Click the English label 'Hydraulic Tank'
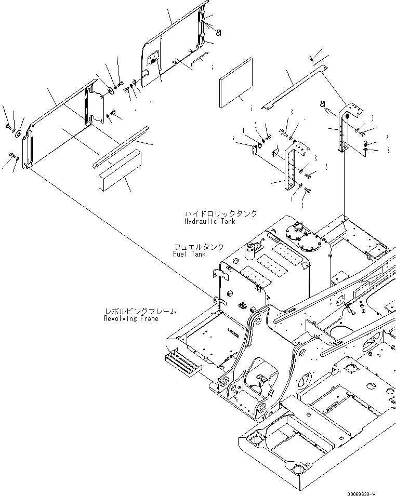209,221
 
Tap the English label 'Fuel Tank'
189,254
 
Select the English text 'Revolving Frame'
130,318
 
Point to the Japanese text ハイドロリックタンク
220,213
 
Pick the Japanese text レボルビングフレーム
140,311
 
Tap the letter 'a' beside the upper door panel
218,32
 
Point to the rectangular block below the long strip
120,168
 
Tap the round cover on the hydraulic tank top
308,244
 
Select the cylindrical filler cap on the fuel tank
253,250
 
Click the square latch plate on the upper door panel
154,59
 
